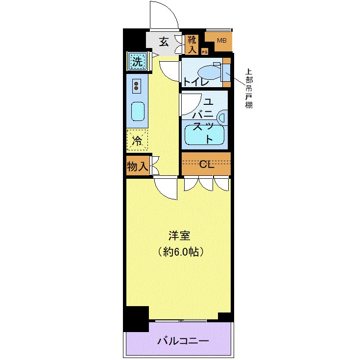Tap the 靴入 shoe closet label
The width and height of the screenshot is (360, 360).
point(192,44)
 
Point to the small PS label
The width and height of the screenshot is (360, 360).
point(205,51)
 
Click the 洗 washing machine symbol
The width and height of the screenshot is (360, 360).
point(138,62)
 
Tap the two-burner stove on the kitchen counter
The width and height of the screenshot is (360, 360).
point(136,86)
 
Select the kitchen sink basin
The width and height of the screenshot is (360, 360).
point(137,113)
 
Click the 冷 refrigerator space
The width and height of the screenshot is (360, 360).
point(137,141)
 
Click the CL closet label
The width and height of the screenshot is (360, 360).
point(206,165)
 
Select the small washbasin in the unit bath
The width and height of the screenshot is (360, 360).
point(222,118)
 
